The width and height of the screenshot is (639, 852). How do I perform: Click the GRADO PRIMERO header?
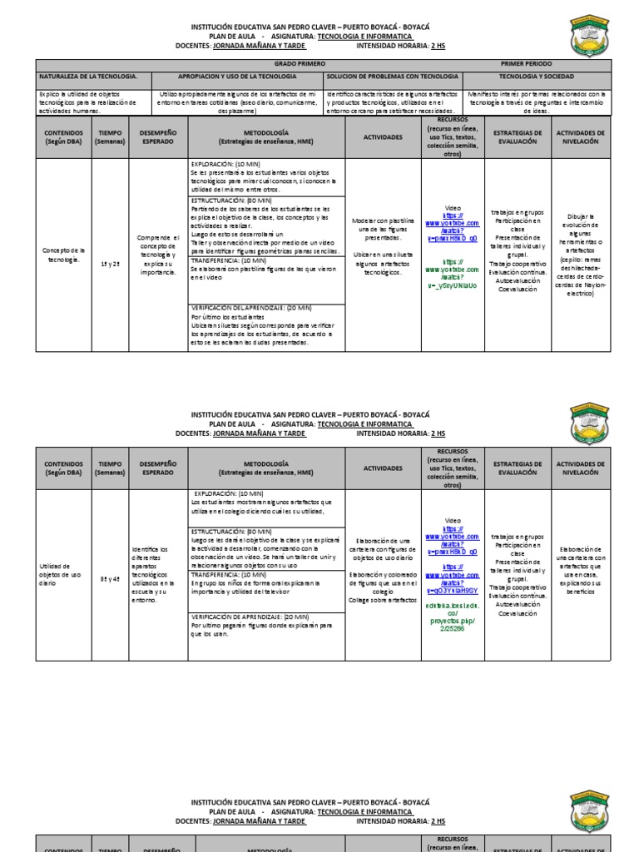tap(300, 64)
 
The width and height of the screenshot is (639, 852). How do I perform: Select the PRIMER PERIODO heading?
tap(526, 64)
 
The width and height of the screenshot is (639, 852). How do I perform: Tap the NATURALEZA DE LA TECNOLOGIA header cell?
tap(88, 77)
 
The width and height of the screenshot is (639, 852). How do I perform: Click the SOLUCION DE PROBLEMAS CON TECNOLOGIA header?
tap(392, 77)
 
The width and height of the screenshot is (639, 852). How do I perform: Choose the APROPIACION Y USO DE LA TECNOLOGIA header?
tap(237, 77)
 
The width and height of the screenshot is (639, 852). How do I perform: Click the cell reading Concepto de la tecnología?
tap(63, 254)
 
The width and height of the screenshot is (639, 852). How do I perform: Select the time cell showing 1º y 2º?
tap(110, 263)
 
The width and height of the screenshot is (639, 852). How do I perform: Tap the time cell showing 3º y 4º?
tap(110, 575)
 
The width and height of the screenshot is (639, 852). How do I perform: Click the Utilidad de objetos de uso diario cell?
tap(62, 575)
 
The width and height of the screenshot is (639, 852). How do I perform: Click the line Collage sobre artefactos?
tap(375, 599)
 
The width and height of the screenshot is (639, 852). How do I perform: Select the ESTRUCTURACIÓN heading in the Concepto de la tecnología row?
tap(231, 201)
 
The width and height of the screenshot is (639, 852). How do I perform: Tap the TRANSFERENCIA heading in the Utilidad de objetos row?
tap(229, 574)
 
